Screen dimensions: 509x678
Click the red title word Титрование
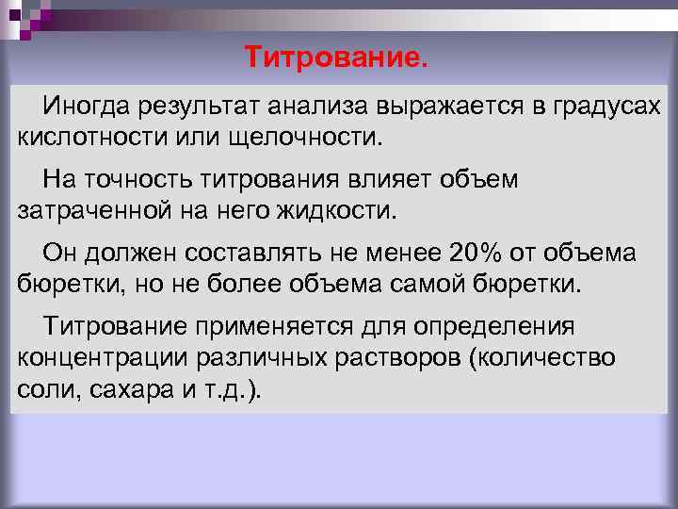point(336,58)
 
